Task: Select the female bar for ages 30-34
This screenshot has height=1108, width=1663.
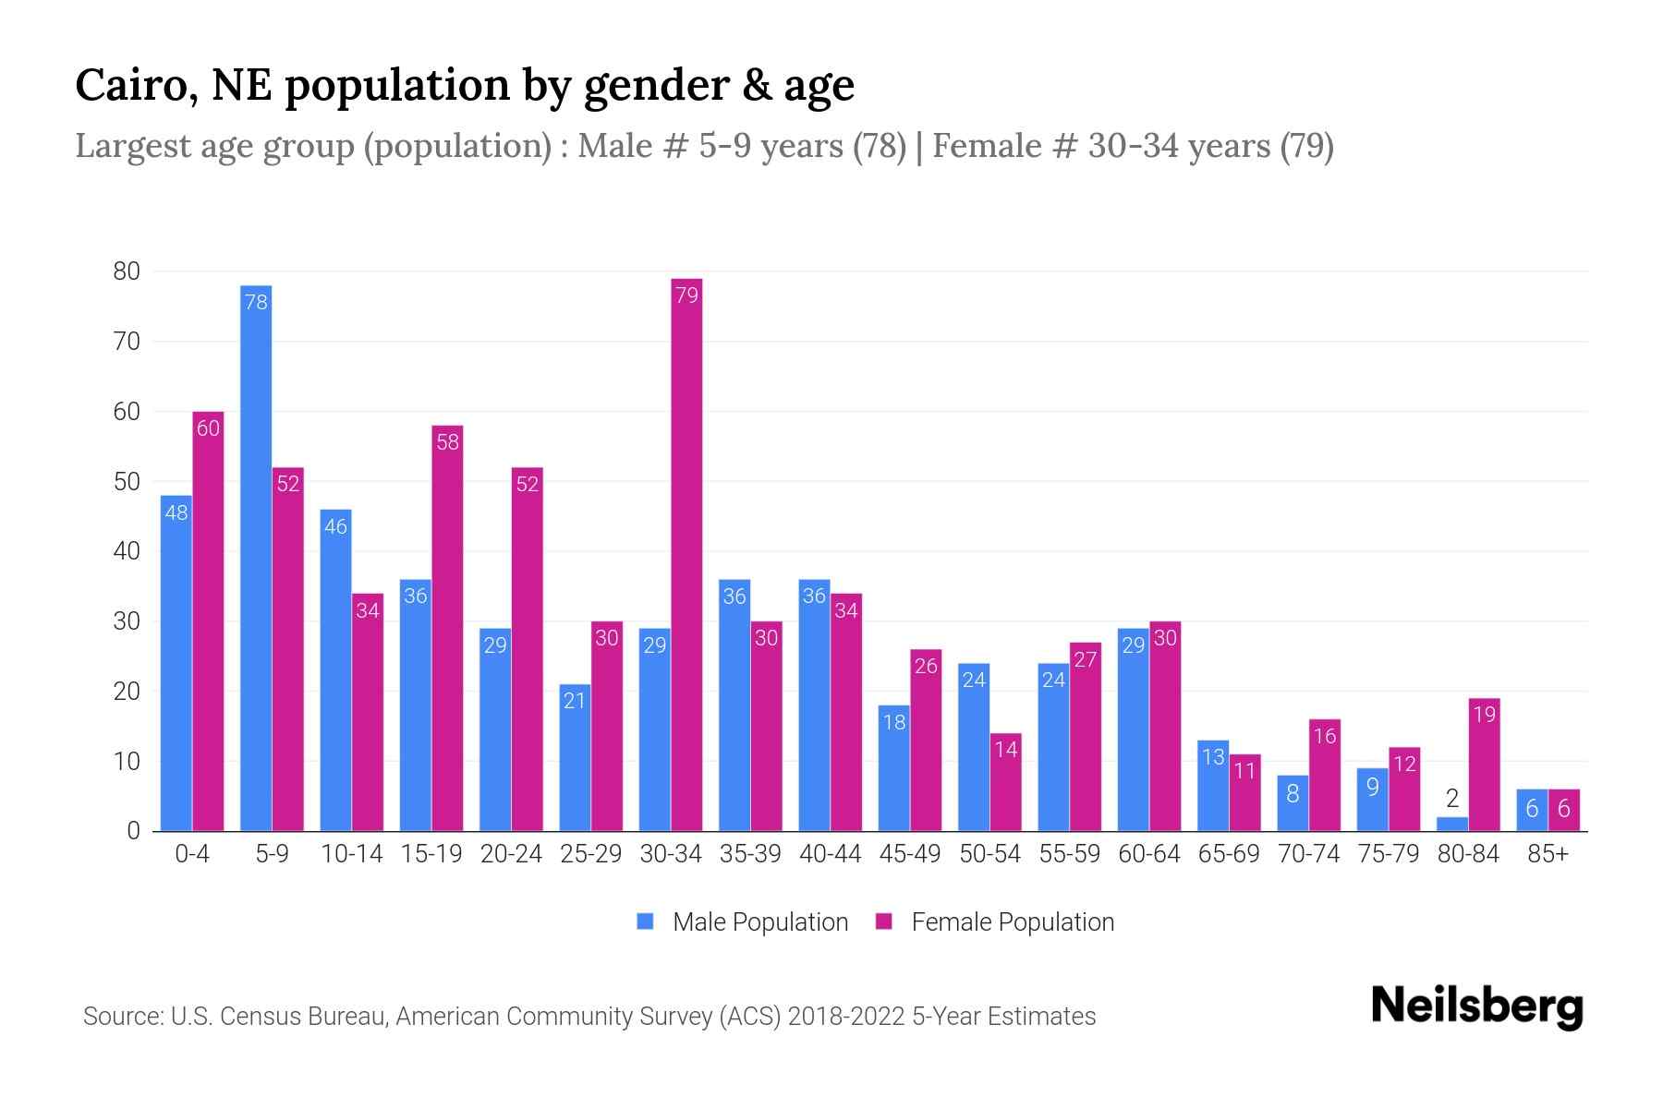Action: [686, 554]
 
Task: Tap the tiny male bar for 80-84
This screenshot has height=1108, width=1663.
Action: [1452, 824]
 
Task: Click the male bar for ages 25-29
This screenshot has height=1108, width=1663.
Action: [575, 757]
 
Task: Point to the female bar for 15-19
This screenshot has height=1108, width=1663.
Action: [447, 628]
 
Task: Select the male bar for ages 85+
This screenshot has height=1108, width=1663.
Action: [1532, 810]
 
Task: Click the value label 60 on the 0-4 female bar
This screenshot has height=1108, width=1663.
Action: [209, 428]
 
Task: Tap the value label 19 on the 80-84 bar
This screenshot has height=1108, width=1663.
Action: [1484, 715]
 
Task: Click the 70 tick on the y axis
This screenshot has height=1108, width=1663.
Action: [127, 342]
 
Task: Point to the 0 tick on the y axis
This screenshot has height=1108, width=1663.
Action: [133, 831]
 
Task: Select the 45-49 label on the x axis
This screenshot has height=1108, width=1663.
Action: [910, 854]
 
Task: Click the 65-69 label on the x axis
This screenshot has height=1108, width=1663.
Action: [1229, 854]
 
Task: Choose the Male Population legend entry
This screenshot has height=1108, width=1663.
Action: [759, 921]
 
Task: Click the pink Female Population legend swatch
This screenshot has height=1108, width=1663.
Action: [884, 921]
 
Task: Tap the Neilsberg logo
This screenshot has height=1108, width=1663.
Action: [1476, 1006]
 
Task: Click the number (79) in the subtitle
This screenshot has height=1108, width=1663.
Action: [1306, 146]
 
